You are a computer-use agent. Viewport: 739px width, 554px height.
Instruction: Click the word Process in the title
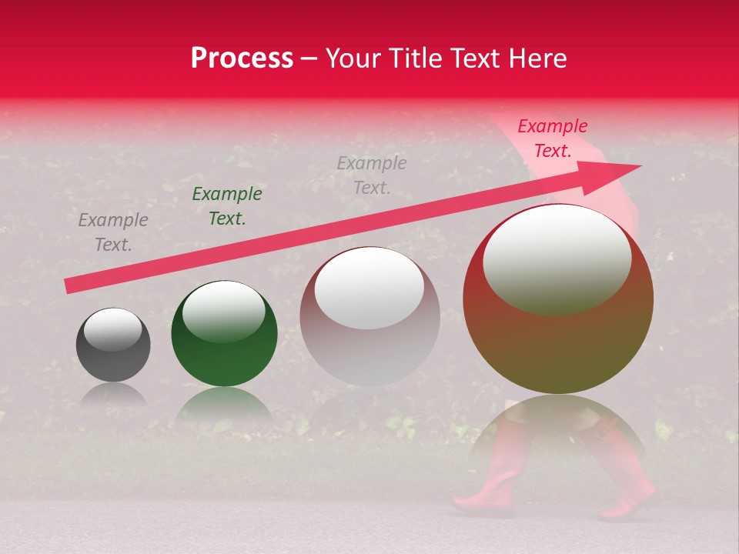[x=242, y=58]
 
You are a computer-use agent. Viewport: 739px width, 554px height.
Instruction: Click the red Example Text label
[x=552, y=138]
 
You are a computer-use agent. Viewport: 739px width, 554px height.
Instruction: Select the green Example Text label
[x=226, y=206]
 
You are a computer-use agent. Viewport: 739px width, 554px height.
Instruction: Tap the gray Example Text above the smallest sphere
[x=112, y=232]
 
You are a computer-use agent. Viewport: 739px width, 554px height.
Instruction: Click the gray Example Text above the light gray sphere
[x=371, y=175]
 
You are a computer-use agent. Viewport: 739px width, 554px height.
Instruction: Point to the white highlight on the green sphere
[x=224, y=310]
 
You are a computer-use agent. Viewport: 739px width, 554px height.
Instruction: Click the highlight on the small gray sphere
[x=112, y=329]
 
